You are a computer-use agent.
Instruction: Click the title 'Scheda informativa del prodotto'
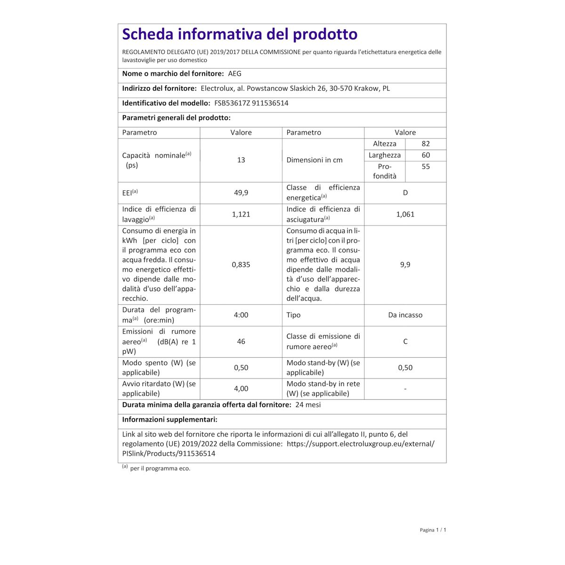tap(240, 34)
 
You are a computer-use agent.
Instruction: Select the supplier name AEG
tap(234, 74)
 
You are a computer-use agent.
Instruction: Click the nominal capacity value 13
tap(241, 160)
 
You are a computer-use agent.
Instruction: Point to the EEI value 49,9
tap(241, 193)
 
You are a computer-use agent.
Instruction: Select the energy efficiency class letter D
tap(405, 193)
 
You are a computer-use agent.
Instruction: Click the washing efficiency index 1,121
tap(241, 214)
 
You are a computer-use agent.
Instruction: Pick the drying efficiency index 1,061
tap(405, 214)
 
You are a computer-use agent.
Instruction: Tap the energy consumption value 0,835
tap(241, 265)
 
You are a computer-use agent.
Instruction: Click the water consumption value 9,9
tap(405, 265)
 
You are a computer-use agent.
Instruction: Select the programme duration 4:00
tap(241, 315)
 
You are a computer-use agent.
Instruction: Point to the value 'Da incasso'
tap(405, 315)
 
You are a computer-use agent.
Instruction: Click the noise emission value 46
tap(241, 341)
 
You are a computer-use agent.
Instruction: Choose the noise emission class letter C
tap(405, 341)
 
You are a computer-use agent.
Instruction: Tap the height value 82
tap(426, 144)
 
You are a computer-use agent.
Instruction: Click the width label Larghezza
tap(385, 155)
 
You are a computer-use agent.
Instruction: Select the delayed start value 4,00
tap(241, 388)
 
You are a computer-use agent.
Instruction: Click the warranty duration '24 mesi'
tap(308, 405)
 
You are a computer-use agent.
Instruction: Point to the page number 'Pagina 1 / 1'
tap(433, 530)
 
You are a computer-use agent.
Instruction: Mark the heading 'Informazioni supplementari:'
tap(169, 420)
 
